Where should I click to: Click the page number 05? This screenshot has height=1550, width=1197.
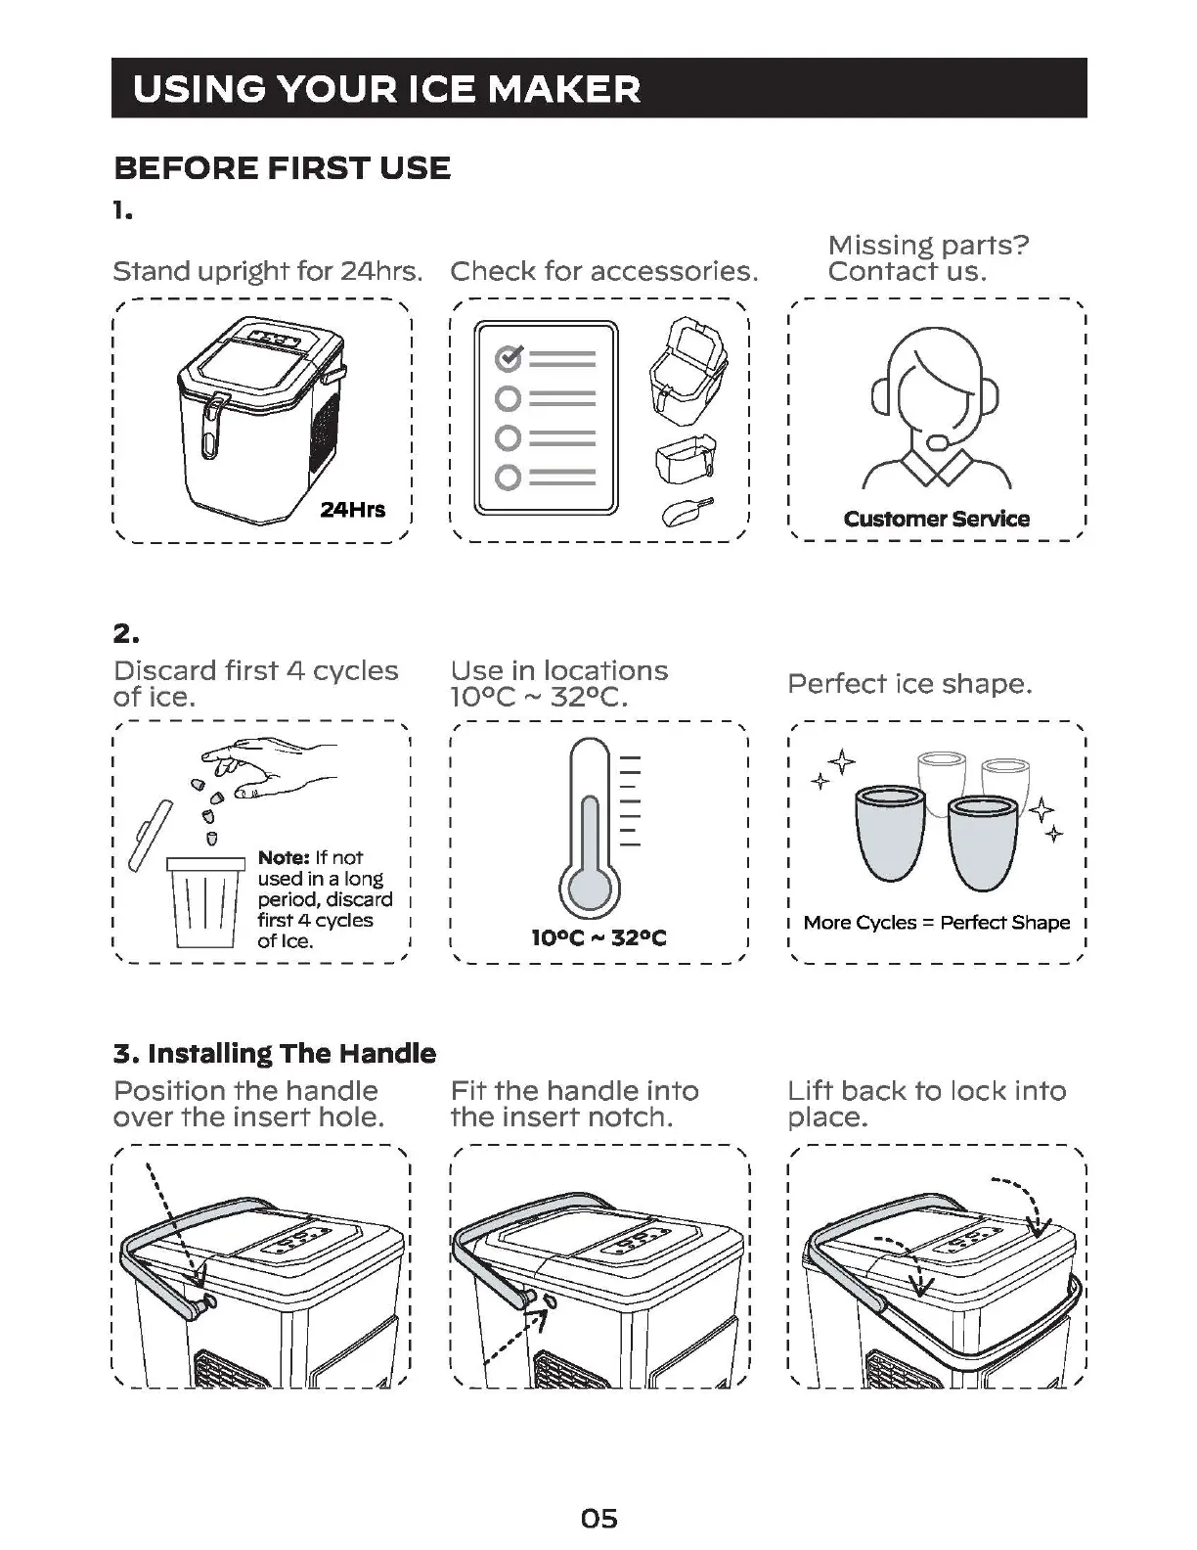[x=598, y=1490]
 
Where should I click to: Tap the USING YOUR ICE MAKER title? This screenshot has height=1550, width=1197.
[x=386, y=89]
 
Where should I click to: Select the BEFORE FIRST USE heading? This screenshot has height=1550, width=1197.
[x=283, y=168]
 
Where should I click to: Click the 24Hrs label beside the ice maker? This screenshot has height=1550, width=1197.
[x=353, y=509]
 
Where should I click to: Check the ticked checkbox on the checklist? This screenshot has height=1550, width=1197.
[x=509, y=358]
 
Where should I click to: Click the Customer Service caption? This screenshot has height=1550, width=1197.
[x=936, y=519]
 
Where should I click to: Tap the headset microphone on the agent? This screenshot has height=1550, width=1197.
[x=936, y=442]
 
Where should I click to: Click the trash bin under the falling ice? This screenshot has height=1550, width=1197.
[x=205, y=902]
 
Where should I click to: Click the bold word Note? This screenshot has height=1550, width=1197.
[x=284, y=858]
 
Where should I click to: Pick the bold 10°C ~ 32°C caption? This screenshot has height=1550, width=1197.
[x=598, y=938]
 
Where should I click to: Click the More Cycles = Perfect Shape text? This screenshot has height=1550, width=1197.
[x=936, y=922]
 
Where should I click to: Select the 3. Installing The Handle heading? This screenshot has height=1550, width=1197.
[x=275, y=1053]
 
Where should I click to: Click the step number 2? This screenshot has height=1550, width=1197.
[x=126, y=633]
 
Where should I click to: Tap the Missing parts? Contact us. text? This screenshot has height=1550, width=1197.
[x=928, y=258]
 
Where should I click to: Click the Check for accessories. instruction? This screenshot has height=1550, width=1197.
[x=603, y=271]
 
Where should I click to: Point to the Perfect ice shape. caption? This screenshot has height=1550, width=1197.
[x=909, y=683]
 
